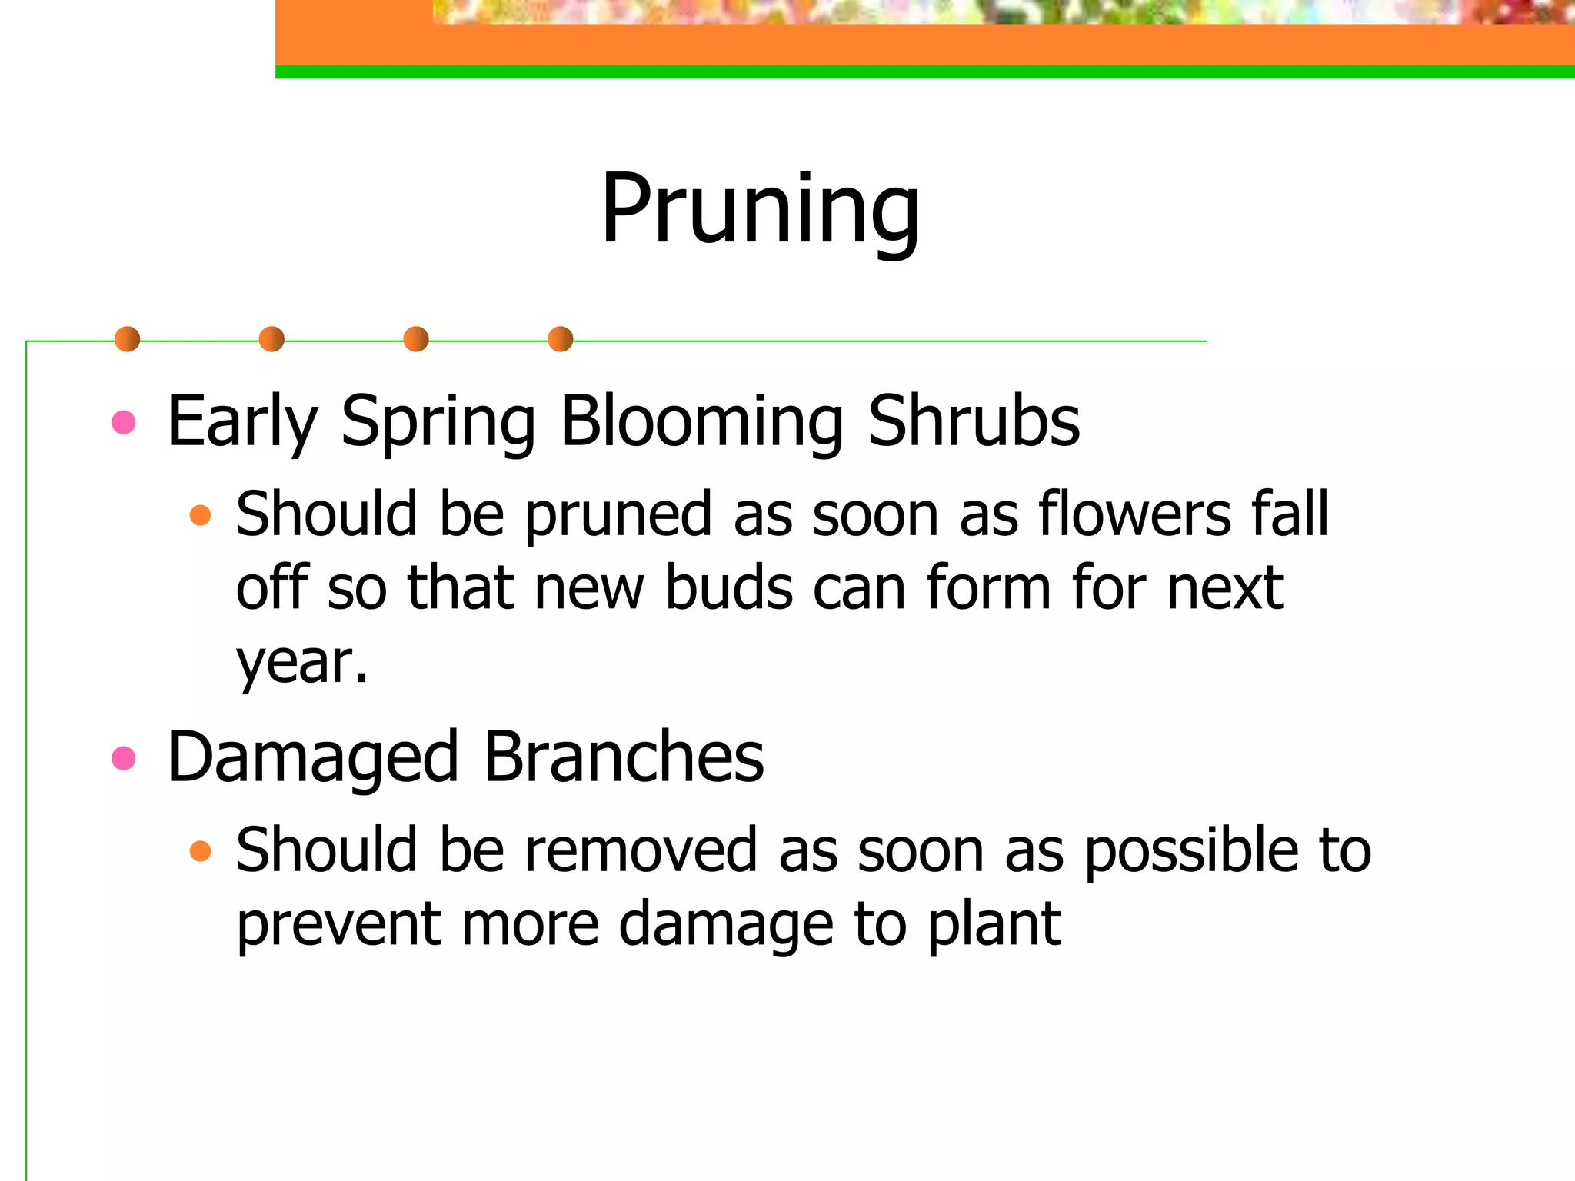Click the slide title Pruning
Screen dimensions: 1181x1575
click(x=760, y=209)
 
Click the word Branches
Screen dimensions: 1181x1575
click(x=624, y=758)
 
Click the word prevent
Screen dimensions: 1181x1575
click(x=338, y=924)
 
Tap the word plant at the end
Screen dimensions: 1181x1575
click(x=994, y=924)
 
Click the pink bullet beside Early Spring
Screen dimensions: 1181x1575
click(x=124, y=422)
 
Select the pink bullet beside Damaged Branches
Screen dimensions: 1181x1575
click(x=124, y=759)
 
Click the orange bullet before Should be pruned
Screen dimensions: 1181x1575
click(x=200, y=514)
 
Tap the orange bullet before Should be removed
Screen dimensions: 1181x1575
click(x=200, y=851)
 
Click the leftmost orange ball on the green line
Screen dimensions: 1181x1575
click(x=127, y=339)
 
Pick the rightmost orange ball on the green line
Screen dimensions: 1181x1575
click(x=561, y=339)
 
